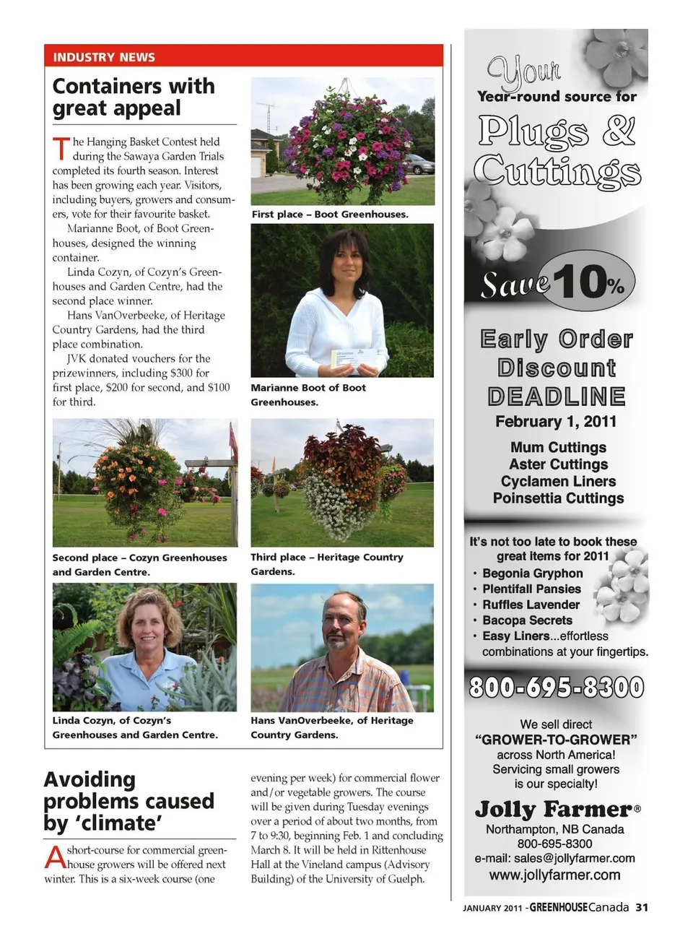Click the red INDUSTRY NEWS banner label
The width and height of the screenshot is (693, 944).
[104, 57]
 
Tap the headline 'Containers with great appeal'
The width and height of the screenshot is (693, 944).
[134, 97]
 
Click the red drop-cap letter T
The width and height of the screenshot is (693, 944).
[61, 148]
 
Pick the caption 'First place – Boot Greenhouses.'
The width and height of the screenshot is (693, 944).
[330, 215]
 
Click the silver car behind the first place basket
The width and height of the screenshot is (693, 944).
[419, 164]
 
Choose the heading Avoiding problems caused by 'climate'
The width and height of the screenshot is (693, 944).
[128, 801]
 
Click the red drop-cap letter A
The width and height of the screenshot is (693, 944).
[55, 858]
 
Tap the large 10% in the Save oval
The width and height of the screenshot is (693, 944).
[589, 281]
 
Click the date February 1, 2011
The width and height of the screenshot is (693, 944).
[556, 422]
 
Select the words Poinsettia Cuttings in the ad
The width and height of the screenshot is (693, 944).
[558, 498]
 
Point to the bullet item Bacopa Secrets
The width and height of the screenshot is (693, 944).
[527, 620]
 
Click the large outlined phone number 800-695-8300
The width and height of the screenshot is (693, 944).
[556, 687]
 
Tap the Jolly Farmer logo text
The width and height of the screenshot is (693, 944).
[554, 810]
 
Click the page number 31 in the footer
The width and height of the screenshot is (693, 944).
[642, 908]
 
